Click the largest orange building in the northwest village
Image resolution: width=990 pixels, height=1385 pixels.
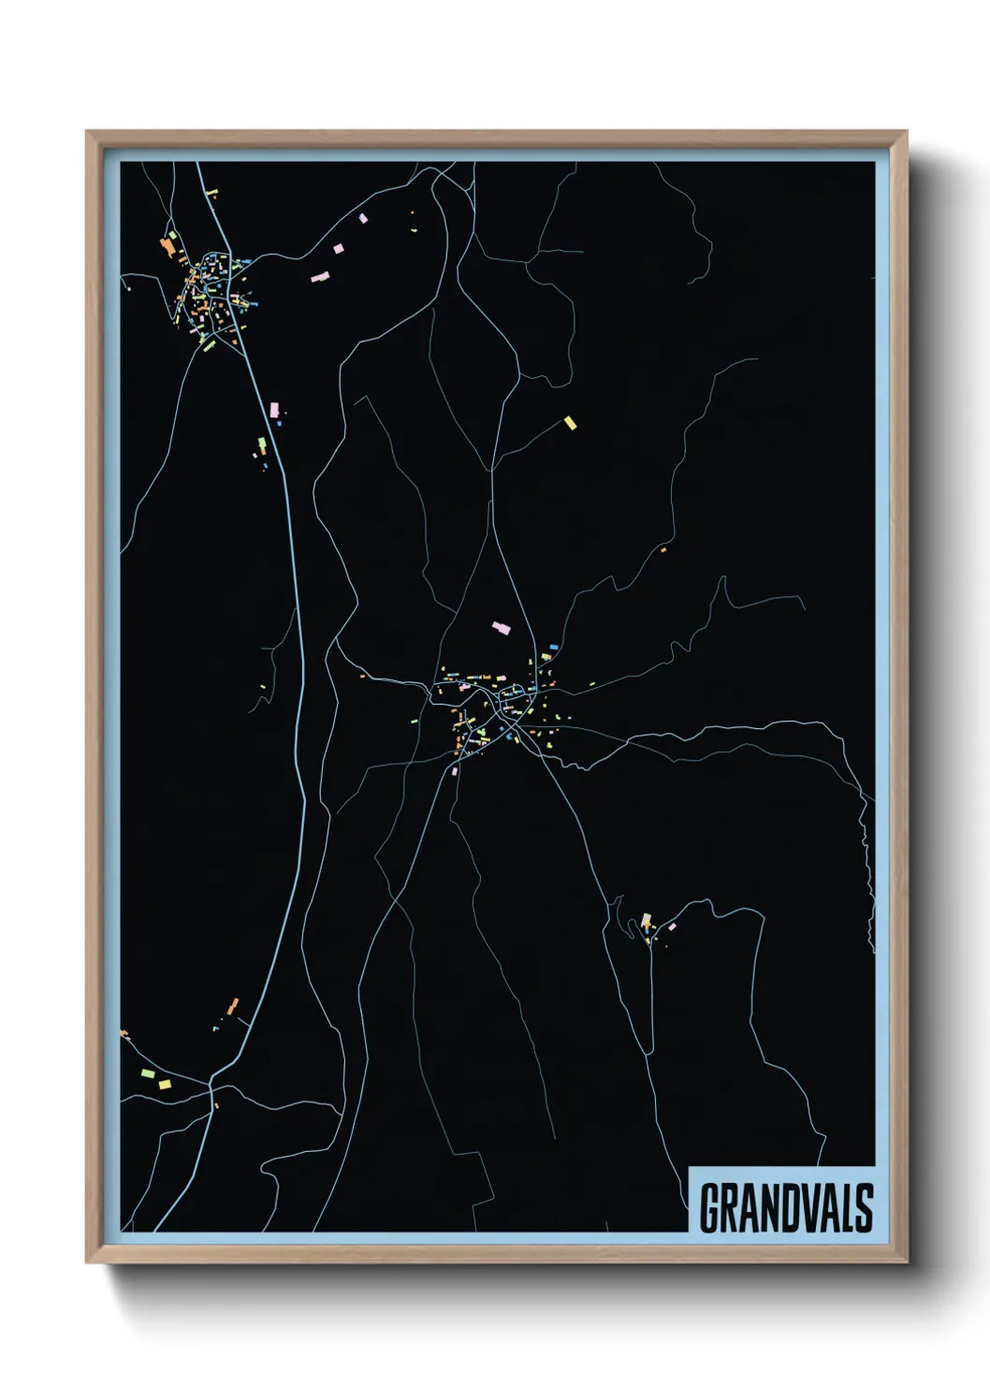[x=168, y=247]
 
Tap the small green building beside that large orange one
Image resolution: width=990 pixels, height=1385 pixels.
[x=173, y=236]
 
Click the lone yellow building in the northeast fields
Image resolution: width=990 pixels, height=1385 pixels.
[x=570, y=423]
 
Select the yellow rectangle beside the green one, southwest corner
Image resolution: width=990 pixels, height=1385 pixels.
[x=165, y=1085]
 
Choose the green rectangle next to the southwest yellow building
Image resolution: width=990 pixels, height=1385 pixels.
[x=146, y=1073]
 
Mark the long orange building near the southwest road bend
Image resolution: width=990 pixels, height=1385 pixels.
[x=233, y=1006]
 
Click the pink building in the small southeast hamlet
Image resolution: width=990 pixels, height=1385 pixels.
[x=672, y=926]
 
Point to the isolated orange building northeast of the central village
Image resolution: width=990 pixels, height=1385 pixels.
[x=663, y=549]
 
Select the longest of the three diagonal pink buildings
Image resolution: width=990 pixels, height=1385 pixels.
[x=320, y=277]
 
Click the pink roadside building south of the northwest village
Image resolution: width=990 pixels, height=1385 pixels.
[x=274, y=410]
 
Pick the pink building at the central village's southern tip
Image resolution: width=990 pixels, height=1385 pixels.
[x=456, y=771]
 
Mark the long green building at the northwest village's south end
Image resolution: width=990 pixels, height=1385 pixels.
[x=210, y=345]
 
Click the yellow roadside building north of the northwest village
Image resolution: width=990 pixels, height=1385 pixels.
[x=211, y=193]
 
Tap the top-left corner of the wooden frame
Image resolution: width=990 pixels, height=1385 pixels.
[x=88, y=133]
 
